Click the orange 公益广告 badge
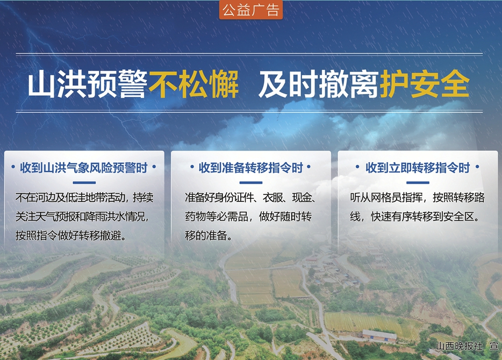(250, 10)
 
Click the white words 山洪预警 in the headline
(88, 84)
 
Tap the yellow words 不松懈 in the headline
(193, 84)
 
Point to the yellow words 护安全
(425, 84)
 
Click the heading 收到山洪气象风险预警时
(84, 168)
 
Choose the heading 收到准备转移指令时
(250, 168)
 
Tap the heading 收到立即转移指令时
(418, 168)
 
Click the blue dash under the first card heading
(84, 183)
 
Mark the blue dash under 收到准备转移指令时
(250, 183)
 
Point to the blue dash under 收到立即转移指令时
(418, 183)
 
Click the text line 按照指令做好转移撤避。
(71, 236)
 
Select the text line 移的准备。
(209, 236)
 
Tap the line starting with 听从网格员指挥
(417, 197)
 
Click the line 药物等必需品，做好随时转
(248, 217)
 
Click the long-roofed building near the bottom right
(379, 336)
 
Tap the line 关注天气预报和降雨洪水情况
(82, 217)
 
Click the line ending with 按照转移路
(417, 197)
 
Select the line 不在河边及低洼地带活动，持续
(84, 197)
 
